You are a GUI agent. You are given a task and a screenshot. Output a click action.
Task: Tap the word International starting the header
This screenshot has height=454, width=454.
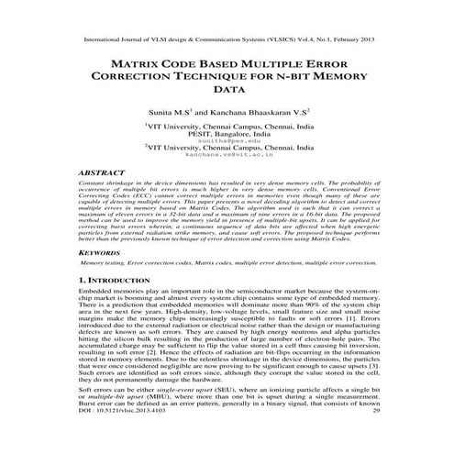coord(100,40)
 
